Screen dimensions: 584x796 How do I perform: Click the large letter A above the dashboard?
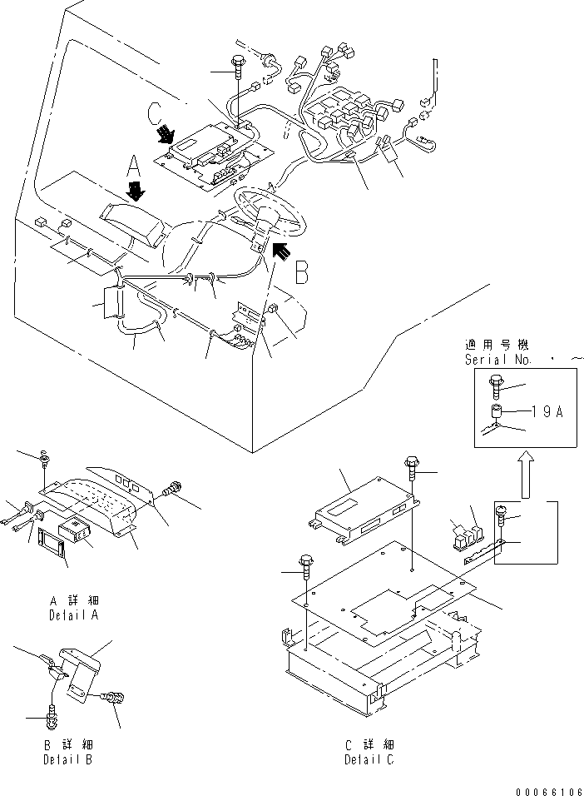[x=133, y=167]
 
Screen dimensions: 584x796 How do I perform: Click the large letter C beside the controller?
[x=155, y=115]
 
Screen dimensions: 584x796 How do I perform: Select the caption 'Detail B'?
[x=68, y=760]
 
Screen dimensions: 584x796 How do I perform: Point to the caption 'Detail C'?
[x=369, y=760]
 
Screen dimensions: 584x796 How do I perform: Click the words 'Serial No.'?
[x=498, y=360]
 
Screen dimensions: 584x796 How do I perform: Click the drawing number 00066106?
[x=550, y=792]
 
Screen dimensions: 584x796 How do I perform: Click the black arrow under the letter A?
[x=136, y=192]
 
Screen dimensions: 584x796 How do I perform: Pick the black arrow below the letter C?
[x=165, y=135]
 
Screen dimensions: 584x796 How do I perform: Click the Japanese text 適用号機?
[x=497, y=346]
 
